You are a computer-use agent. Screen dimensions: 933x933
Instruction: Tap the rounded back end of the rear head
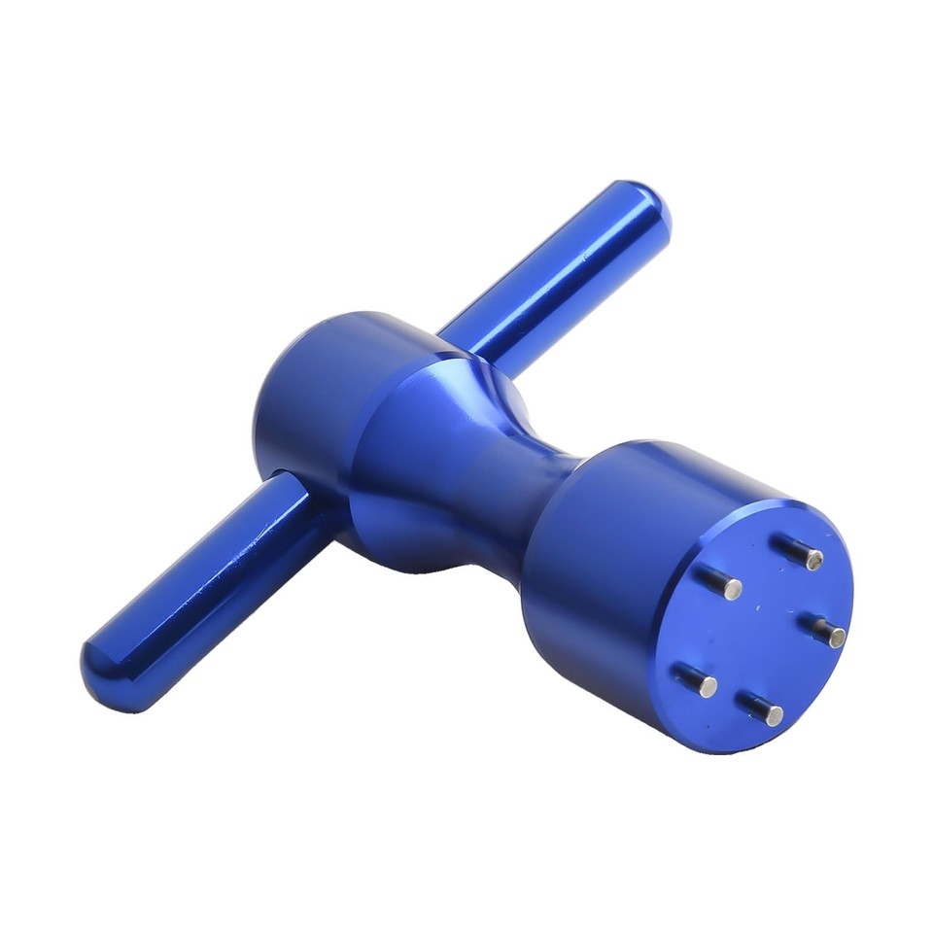pyautogui.click(x=267, y=408)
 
